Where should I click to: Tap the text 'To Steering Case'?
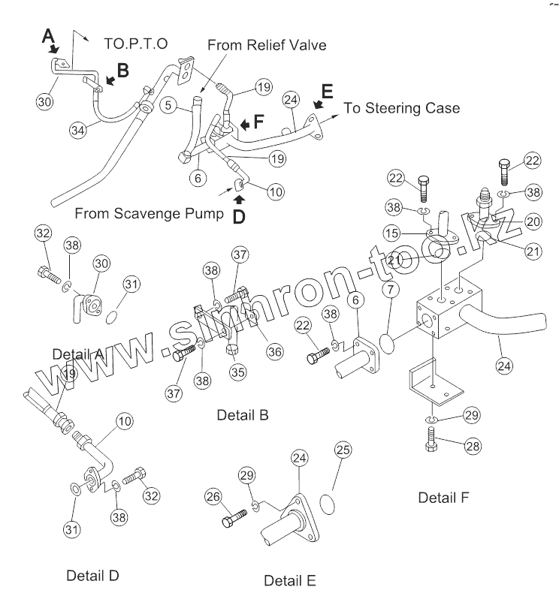[401, 108]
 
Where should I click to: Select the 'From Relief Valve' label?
[267, 45]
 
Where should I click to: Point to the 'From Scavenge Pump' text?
[149, 213]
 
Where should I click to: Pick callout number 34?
[77, 129]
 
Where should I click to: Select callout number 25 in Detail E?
[342, 450]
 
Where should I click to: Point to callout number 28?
[471, 447]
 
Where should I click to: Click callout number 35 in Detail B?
[237, 371]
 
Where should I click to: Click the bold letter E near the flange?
[326, 92]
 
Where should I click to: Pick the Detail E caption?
[289, 580]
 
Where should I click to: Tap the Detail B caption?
[242, 414]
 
